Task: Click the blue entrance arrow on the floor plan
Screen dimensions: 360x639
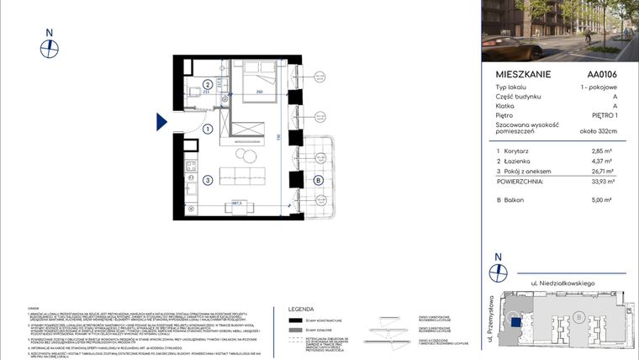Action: coord(161,123)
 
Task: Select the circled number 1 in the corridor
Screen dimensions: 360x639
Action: coord(208,129)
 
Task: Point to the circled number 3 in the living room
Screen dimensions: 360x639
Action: coord(208,179)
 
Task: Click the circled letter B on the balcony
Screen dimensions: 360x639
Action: coord(318,179)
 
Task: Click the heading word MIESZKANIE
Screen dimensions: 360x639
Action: coord(524,74)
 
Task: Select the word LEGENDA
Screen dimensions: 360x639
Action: coord(301,309)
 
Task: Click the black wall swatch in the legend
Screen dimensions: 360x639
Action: coord(295,320)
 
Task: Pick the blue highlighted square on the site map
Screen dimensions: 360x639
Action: coord(513,319)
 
